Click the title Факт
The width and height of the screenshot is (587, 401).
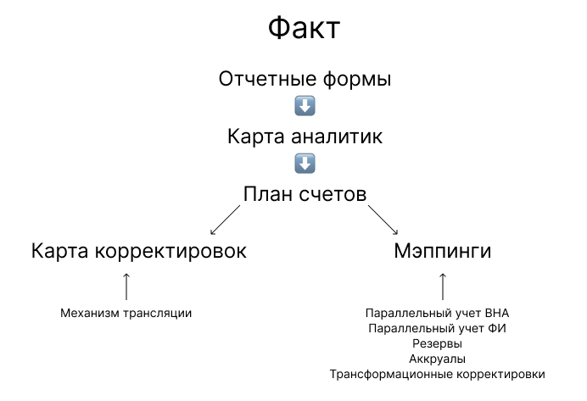(x=304, y=29)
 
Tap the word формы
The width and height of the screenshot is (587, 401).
(x=360, y=81)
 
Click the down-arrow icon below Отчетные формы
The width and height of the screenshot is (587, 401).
(x=305, y=107)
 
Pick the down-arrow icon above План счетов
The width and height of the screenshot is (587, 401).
(x=305, y=163)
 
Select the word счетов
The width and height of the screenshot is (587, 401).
(x=334, y=193)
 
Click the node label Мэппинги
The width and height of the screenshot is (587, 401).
(x=443, y=252)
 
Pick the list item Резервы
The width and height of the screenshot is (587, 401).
(x=437, y=343)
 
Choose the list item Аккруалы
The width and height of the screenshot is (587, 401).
(x=437, y=359)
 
